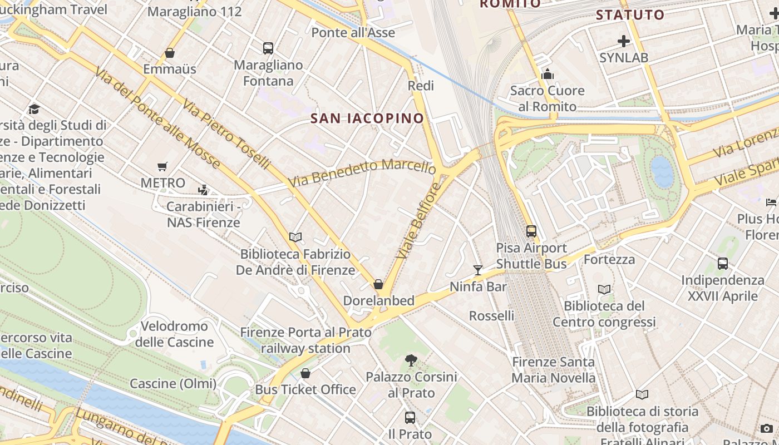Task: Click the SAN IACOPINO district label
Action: tap(367, 118)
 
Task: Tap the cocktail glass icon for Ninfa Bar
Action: tap(478, 270)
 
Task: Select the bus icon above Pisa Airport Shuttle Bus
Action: tap(531, 231)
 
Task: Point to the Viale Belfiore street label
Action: tap(419, 221)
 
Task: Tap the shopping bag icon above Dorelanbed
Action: tap(378, 284)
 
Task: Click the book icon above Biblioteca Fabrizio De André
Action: tap(295, 237)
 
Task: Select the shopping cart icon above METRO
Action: tap(162, 166)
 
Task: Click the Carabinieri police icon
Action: tap(203, 190)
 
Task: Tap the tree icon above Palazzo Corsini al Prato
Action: tap(411, 360)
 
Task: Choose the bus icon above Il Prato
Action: tap(410, 417)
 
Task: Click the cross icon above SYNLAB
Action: tap(624, 41)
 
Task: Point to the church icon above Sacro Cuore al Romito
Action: tap(548, 74)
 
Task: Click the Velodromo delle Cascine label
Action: tap(174, 334)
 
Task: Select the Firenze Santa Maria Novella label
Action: tap(554, 370)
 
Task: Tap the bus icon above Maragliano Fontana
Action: tap(268, 48)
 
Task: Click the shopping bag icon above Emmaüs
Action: tap(170, 53)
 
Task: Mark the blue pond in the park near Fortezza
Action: tap(662, 171)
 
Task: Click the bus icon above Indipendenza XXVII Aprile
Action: tap(722, 264)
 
